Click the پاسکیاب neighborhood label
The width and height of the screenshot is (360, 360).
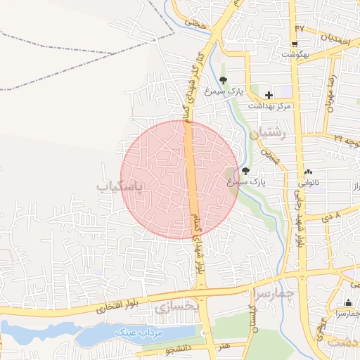pos(119,186)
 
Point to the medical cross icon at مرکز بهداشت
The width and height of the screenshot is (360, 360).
pos(269,94)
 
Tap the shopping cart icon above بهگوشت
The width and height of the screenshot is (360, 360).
pos(301,44)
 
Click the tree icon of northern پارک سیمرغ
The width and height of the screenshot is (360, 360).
pos(223,80)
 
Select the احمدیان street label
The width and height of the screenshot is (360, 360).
pos(335,36)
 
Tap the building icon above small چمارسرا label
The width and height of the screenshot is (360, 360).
pos(347,302)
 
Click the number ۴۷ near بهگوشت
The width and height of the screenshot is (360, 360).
pos(301,28)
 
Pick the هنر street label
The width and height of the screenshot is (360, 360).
pos(224,346)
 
